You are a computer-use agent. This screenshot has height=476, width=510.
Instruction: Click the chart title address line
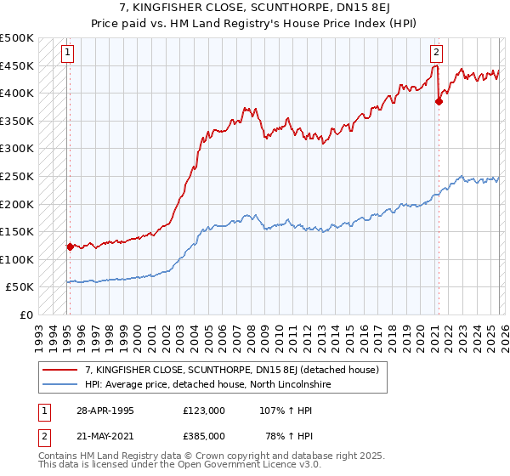pos(255,8)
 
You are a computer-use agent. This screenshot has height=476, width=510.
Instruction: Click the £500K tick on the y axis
pos(17,38)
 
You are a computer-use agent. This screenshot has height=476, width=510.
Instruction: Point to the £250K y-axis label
pos(17,177)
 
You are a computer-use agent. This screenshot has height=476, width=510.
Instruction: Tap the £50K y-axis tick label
pos(20,287)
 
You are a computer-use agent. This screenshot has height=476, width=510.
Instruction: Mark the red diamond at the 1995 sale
pos(70,246)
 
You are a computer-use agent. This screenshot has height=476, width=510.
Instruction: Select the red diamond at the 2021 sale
pos(439,101)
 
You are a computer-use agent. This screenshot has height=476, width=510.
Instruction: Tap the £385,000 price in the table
pos(203,435)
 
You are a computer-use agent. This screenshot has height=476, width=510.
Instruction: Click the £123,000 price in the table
pos(203,410)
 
